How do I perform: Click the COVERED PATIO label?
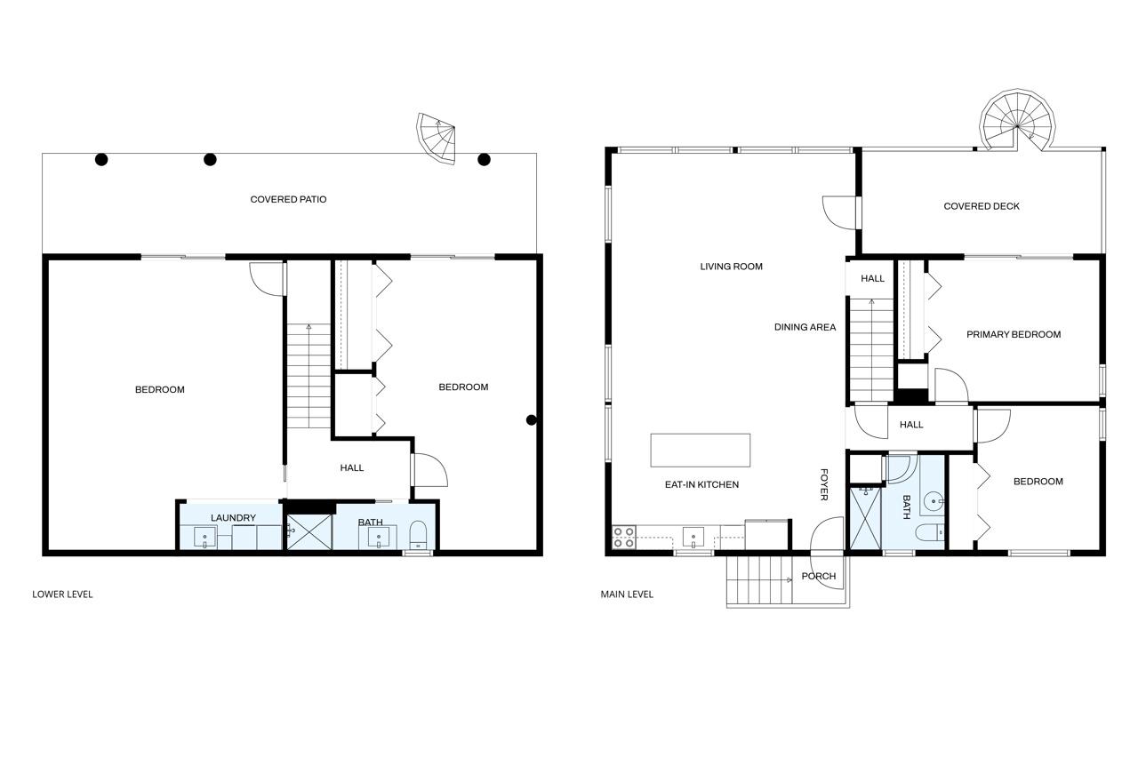(288, 199)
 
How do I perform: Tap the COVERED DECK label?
(982, 206)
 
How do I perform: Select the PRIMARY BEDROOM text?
(1014, 334)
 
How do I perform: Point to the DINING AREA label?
(805, 327)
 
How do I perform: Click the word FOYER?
(824, 484)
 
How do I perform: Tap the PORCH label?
(818, 576)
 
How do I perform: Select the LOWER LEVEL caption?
(62, 594)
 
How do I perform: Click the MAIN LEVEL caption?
(627, 594)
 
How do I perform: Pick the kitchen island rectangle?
(700, 450)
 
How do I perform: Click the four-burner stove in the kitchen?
(624, 538)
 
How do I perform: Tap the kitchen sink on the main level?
(693, 537)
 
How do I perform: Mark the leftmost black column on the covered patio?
(101, 160)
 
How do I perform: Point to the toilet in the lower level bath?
(418, 536)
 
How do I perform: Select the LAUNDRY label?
(233, 517)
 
